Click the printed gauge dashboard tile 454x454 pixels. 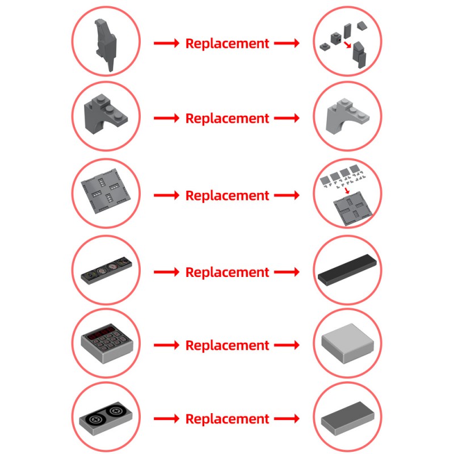[106, 270]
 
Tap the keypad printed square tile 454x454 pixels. [107, 343]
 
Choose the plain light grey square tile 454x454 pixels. [347, 343]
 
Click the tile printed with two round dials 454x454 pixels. [106, 418]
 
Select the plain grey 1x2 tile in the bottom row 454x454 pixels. [347, 418]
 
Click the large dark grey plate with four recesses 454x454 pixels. [106, 191]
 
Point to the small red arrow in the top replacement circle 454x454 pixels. [347, 45]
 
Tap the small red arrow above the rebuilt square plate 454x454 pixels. [347, 191]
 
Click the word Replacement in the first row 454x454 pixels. [228, 44]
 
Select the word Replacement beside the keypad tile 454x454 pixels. [228, 346]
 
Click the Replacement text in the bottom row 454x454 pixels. [228, 419]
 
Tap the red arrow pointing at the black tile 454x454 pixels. [287, 272]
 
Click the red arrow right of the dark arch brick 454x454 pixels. [166, 118]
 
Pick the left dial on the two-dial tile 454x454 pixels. [96, 419]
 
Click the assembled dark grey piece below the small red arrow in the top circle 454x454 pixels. [359, 54]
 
